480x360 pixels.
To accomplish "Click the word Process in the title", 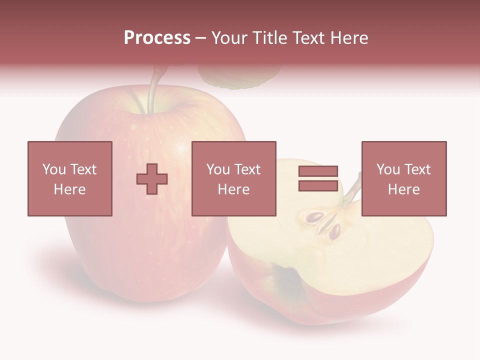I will [157, 38].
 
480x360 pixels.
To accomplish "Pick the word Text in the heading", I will [307, 38].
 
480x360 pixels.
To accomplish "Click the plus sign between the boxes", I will [152, 179].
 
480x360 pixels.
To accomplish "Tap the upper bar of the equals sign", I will [318, 171].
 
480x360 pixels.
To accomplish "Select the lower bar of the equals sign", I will [318, 185].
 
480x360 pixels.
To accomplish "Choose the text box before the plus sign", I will [69, 178].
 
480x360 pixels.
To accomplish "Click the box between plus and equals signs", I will [233, 178].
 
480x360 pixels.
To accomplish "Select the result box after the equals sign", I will [403, 178].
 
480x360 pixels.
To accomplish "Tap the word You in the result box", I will [388, 169].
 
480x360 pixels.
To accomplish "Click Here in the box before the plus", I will [69, 189].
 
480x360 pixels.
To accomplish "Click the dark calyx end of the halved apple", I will [289, 280].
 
